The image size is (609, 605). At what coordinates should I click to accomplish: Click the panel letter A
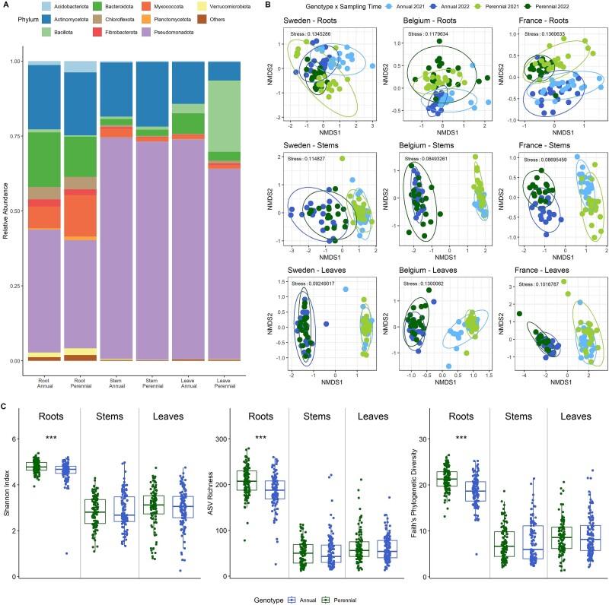tap(6, 5)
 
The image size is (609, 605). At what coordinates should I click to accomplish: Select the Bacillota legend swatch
tap(47, 30)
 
